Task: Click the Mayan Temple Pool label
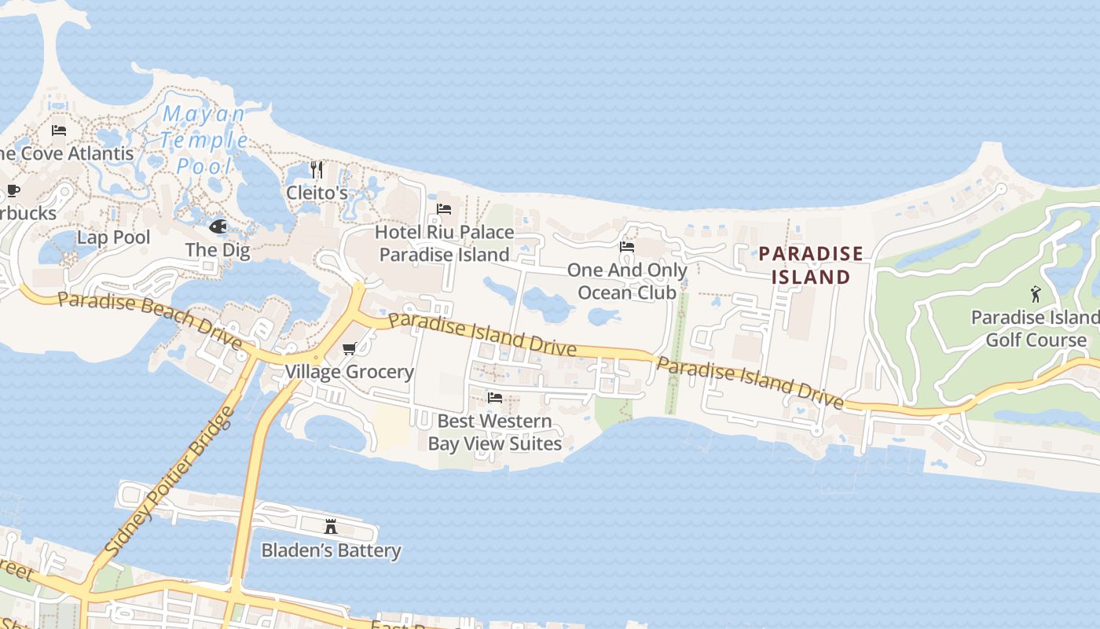203,140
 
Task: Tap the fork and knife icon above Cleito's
317,169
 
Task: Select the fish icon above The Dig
218,226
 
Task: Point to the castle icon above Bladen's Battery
331,526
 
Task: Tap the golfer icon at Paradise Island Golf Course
1036,294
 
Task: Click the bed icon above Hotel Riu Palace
444,209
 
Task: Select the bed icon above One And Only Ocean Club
627,247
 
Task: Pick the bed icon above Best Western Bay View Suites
495,398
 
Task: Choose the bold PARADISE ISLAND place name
811,265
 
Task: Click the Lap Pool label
113,237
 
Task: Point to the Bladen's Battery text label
331,550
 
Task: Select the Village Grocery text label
349,372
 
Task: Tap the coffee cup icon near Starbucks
13,190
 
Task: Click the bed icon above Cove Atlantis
59,131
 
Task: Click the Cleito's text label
317,193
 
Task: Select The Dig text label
218,251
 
